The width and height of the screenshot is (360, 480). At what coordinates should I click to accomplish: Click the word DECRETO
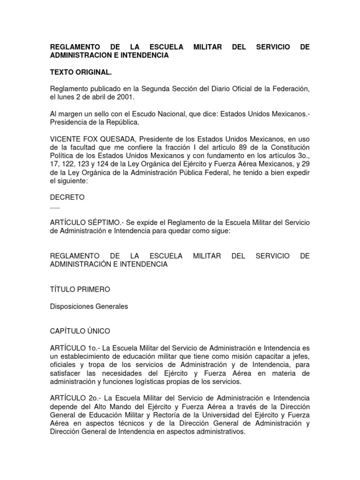67,197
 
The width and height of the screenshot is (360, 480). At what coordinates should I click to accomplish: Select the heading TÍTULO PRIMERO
80,290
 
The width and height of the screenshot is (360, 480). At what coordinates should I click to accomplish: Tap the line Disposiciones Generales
89,307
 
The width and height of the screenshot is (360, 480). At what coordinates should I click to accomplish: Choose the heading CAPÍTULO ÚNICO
80,331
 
